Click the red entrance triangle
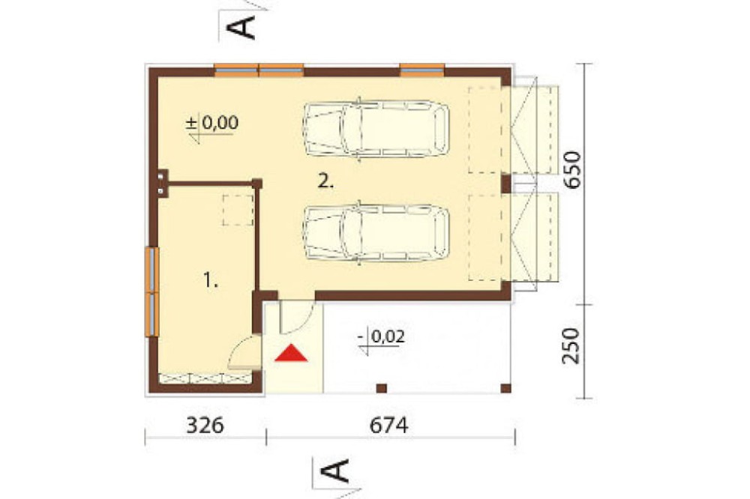(x=291, y=354)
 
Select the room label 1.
(x=211, y=279)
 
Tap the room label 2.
(x=325, y=181)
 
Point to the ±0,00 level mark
(x=212, y=123)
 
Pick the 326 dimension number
(x=205, y=425)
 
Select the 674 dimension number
(x=388, y=425)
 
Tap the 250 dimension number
(x=571, y=345)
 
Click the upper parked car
(x=376, y=129)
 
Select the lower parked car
(x=376, y=233)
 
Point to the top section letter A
(x=240, y=27)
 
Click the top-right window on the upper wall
(x=421, y=70)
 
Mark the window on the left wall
(x=151, y=291)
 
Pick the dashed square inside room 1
(x=238, y=210)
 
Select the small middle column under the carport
(x=381, y=388)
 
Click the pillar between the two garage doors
(x=506, y=184)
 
